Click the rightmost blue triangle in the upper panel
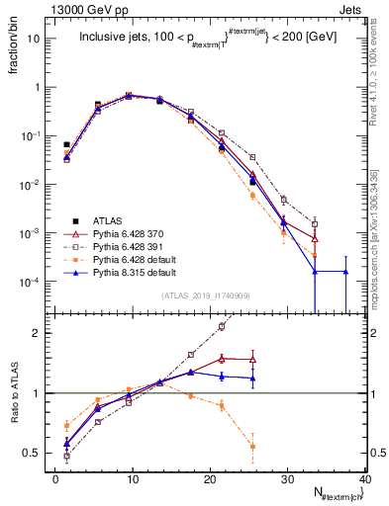(x=345, y=271)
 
